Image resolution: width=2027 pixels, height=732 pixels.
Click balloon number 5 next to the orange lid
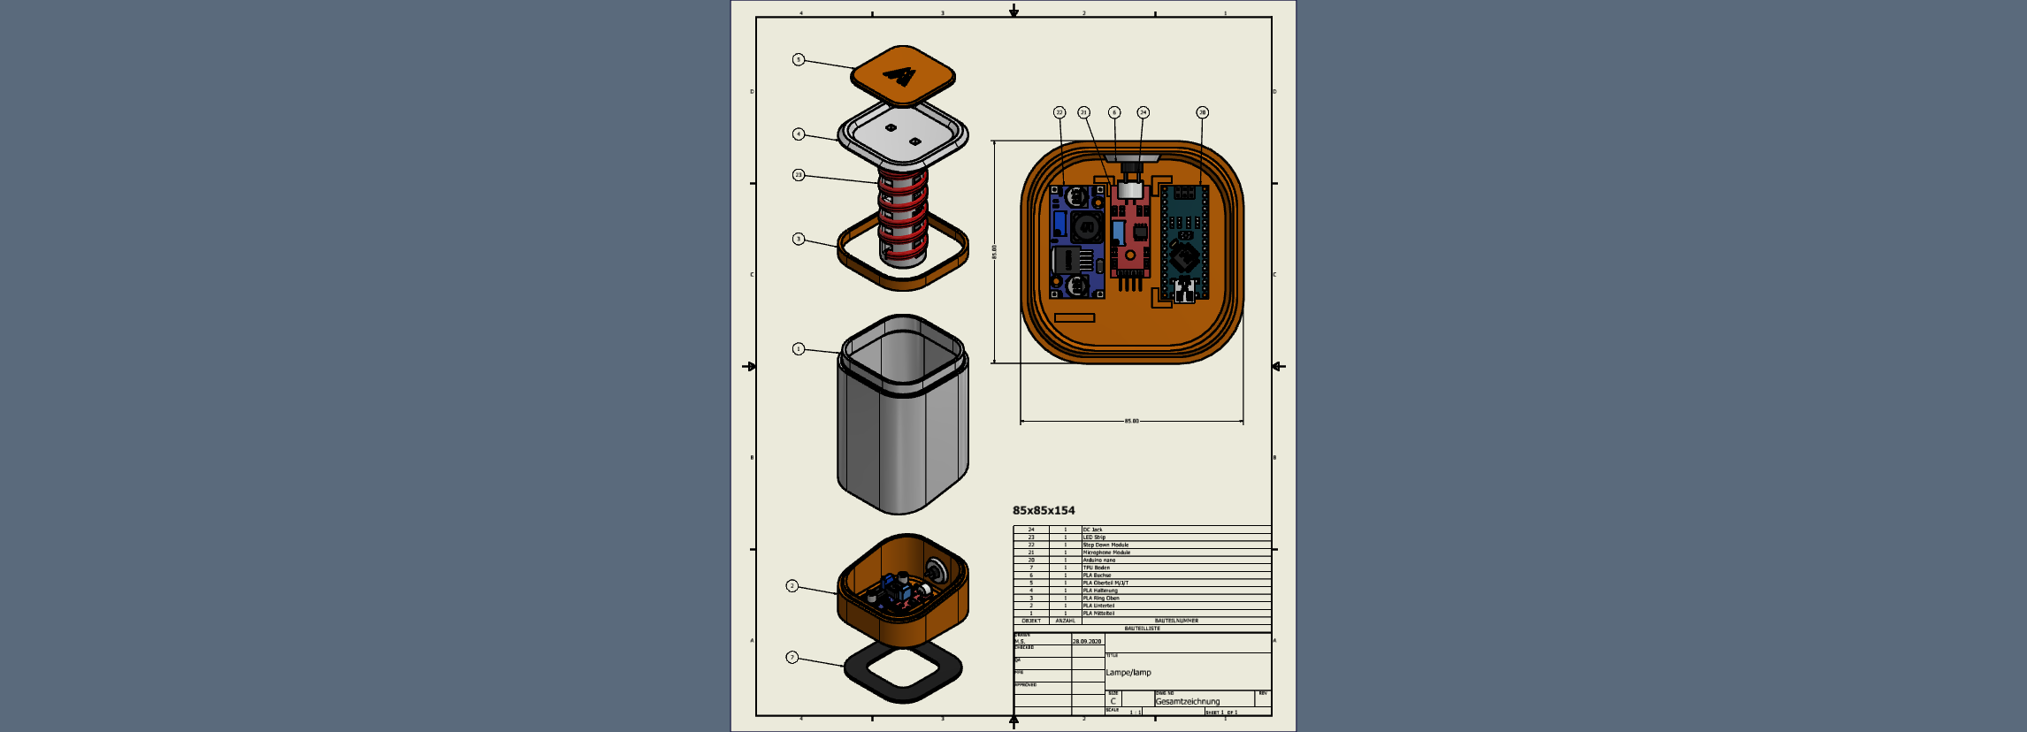pos(799,60)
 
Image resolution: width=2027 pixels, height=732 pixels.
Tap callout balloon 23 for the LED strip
pos(799,175)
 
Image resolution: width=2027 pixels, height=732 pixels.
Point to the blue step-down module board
pos(1076,241)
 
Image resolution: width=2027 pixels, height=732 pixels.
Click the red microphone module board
pos(1130,234)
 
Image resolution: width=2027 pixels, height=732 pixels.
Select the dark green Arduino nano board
pos(1184,242)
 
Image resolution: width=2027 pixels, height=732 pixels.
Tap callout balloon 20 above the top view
pos(1202,112)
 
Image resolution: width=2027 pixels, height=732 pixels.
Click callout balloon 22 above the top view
pos(1059,112)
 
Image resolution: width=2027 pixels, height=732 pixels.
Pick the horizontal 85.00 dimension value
pos(1132,421)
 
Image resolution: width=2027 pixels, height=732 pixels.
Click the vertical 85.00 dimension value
pos(994,252)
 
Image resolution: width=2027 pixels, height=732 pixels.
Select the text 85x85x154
pos(1044,510)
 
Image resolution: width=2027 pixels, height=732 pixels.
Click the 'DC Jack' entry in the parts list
pos(1093,530)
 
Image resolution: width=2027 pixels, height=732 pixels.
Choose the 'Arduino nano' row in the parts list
pos(1099,560)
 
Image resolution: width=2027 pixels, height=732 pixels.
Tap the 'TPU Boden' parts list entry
pos(1097,568)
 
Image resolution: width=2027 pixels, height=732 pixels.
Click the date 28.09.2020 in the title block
pos(1087,641)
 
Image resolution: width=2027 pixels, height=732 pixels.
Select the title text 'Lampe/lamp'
pos(1128,673)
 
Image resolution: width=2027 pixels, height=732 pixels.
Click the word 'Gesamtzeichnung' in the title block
pos(1187,701)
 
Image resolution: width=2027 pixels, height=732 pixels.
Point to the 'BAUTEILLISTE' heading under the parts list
pos(1142,629)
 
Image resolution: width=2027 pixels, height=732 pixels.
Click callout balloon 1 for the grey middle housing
pos(799,349)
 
